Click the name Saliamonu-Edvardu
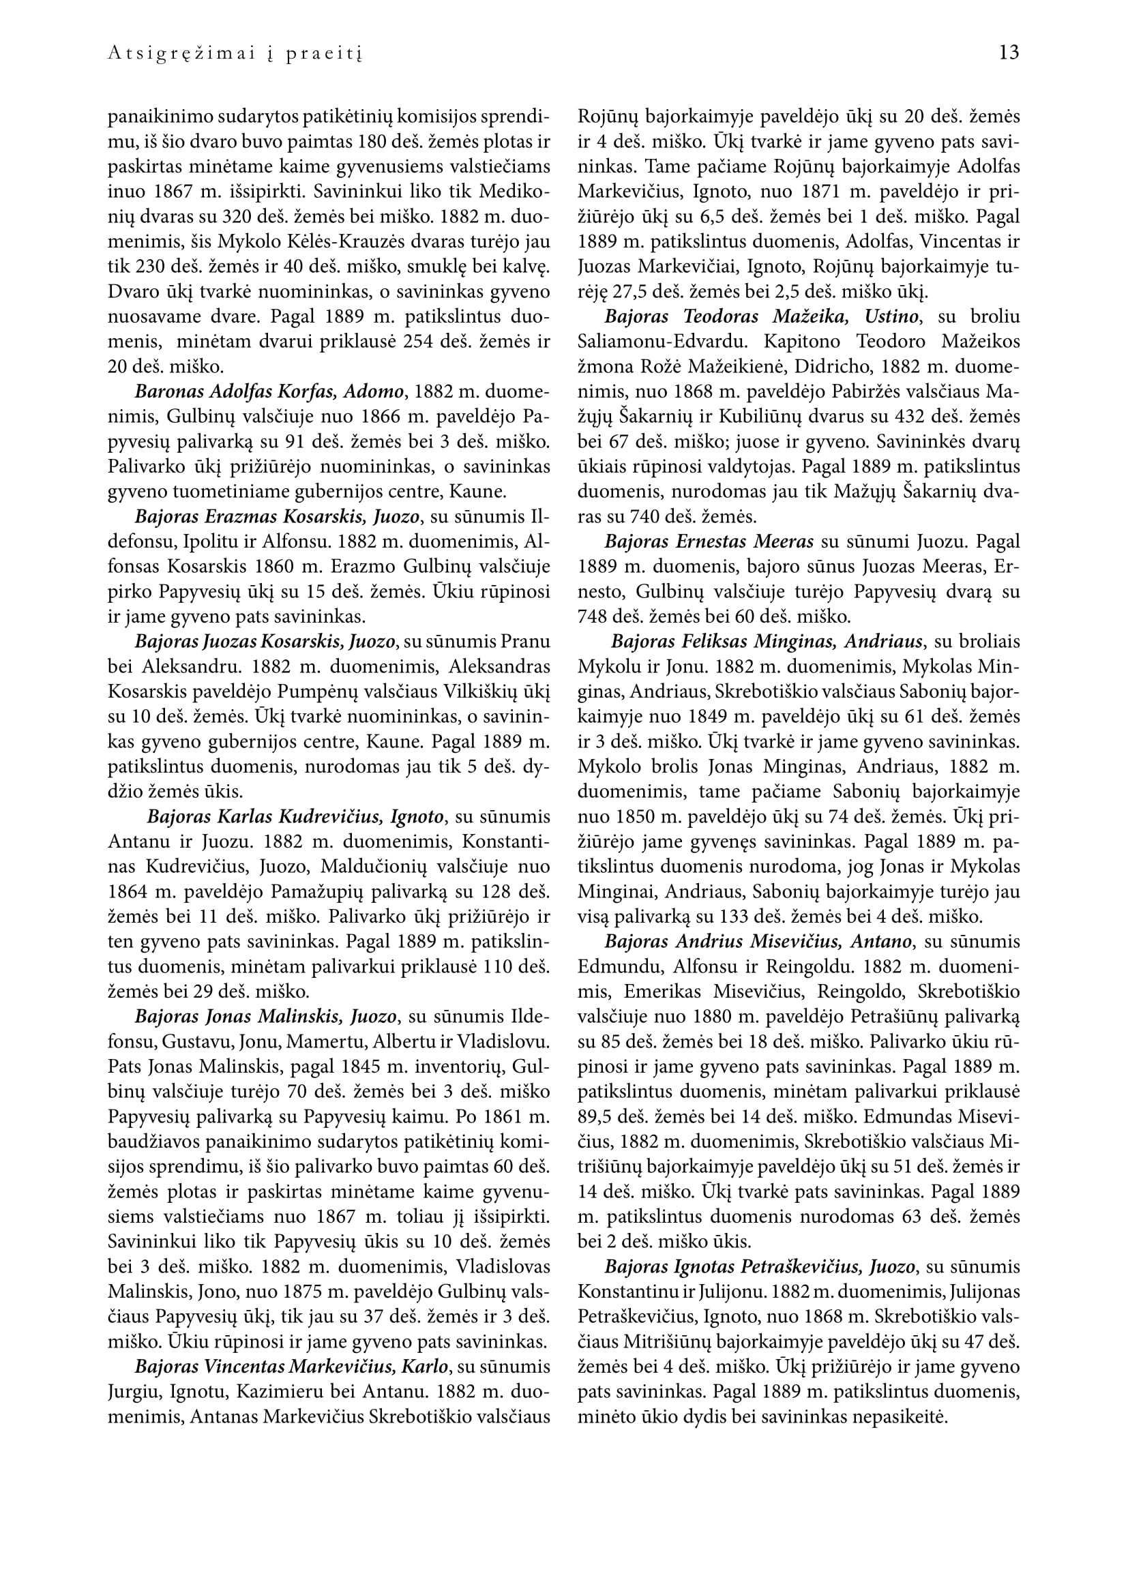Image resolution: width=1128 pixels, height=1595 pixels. point(665,342)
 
